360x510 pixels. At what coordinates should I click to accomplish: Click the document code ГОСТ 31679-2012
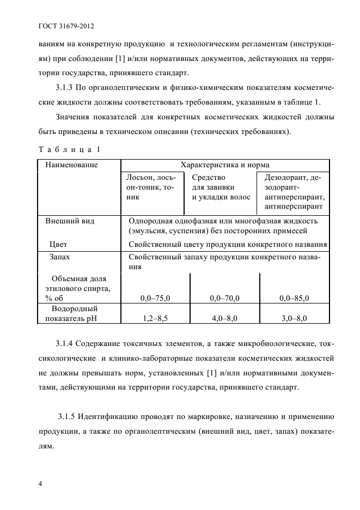click(65, 26)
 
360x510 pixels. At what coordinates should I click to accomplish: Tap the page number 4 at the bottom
click(40, 484)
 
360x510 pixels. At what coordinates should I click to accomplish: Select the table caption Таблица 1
click(69, 149)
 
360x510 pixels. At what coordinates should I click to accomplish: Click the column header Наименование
click(71, 165)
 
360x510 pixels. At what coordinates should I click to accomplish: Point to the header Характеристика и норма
click(224, 165)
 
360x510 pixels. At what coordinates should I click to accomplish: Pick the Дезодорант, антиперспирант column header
click(294, 192)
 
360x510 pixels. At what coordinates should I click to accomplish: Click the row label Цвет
click(58, 245)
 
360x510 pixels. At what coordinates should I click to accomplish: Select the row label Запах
click(60, 256)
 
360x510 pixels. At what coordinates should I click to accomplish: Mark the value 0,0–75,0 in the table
click(155, 298)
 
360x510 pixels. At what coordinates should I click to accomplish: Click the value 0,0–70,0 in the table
click(224, 298)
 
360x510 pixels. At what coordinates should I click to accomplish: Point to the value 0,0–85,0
click(294, 298)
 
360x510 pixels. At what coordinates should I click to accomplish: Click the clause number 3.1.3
click(67, 87)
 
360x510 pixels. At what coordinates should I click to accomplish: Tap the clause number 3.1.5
click(69, 417)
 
